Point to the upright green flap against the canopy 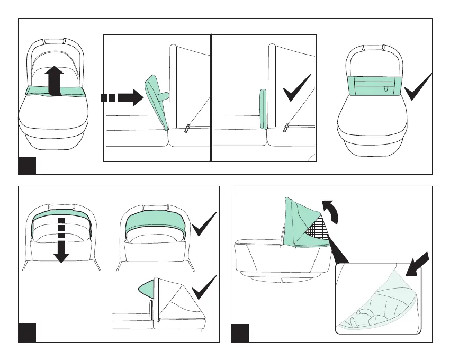coord(262,109)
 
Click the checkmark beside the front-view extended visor coord(204,224)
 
